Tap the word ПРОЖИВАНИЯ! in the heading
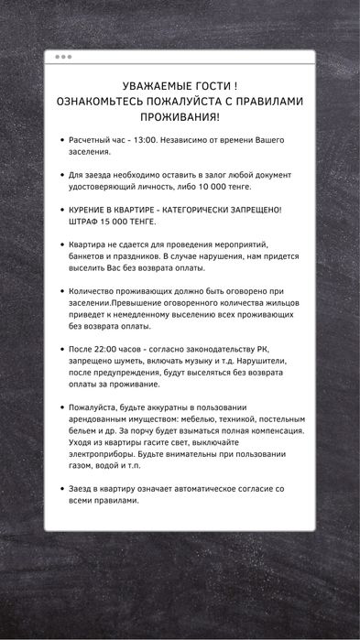coord(180,119)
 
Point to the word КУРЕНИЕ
coord(91,209)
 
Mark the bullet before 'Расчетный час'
coord(60,141)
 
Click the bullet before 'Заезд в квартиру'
coord(60,488)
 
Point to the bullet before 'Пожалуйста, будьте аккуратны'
coord(60,407)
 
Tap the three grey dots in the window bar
coord(62,57)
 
